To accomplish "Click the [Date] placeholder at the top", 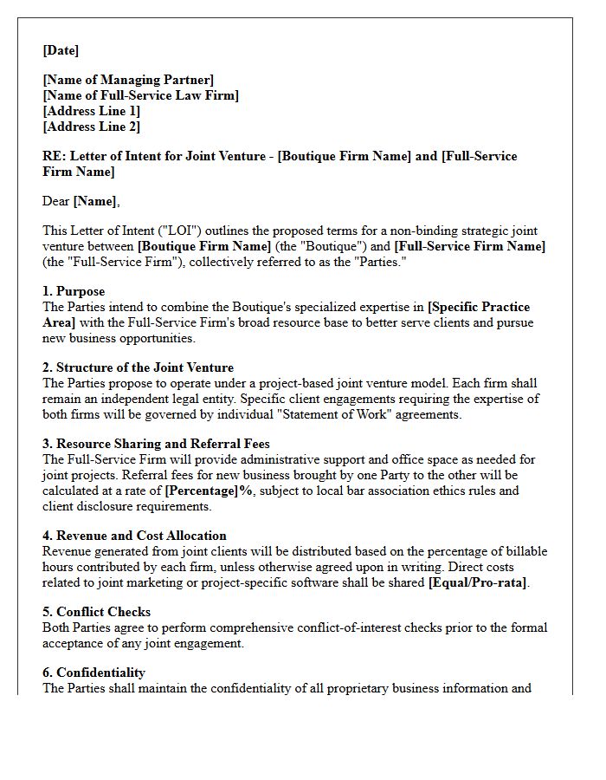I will coord(61,50).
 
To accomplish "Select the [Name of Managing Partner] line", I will coord(128,81).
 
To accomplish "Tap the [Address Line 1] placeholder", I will coord(91,111).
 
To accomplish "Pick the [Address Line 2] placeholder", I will coord(91,127).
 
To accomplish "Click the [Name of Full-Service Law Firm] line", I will coord(141,96).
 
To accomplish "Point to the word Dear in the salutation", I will coord(56,201).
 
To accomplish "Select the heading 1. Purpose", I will coord(74,292).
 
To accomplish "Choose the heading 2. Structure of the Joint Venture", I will coord(138,367).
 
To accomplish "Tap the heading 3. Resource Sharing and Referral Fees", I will coord(156,444).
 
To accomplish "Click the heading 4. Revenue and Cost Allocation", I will coord(134,536).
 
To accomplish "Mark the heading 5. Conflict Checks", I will coord(96,612).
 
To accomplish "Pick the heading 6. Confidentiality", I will coord(93,673).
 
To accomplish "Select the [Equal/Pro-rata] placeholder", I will coord(477,582).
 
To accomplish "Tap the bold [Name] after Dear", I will coord(95,201).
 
